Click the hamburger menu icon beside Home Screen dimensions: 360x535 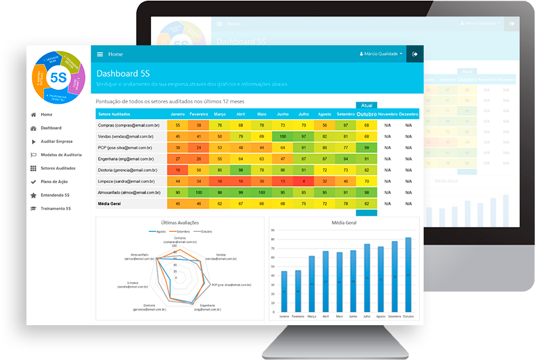pyautogui.click(x=100, y=54)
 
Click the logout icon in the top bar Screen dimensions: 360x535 pyautogui.click(x=415, y=54)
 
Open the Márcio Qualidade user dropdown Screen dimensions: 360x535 pyautogui.click(x=381, y=54)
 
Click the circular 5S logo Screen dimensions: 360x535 pyautogui.click(x=58, y=76)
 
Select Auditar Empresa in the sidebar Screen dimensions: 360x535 pyautogui.click(x=56, y=141)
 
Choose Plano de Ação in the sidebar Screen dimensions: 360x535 pyautogui.click(x=54, y=182)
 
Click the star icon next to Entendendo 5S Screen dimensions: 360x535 pyautogui.click(x=33, y=195)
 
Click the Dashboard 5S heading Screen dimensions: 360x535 pyautogui.click(x=123, y=73)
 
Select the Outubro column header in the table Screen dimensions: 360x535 pyautogui.click(x=366, y=114)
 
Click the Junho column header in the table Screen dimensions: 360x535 pyautogui.click(x=282, y=114)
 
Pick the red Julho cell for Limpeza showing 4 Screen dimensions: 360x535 pyautogui.click(x=303, y=180)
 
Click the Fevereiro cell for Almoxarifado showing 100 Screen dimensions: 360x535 pyautogui.click(x=199, y=191)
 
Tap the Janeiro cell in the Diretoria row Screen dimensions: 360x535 pyautogui.click(x=179, y=169)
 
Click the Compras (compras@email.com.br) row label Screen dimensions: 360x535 pyautogui.click(x=129, y=125)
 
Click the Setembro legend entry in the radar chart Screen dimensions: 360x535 pyautogui.click(x=181, y=230)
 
